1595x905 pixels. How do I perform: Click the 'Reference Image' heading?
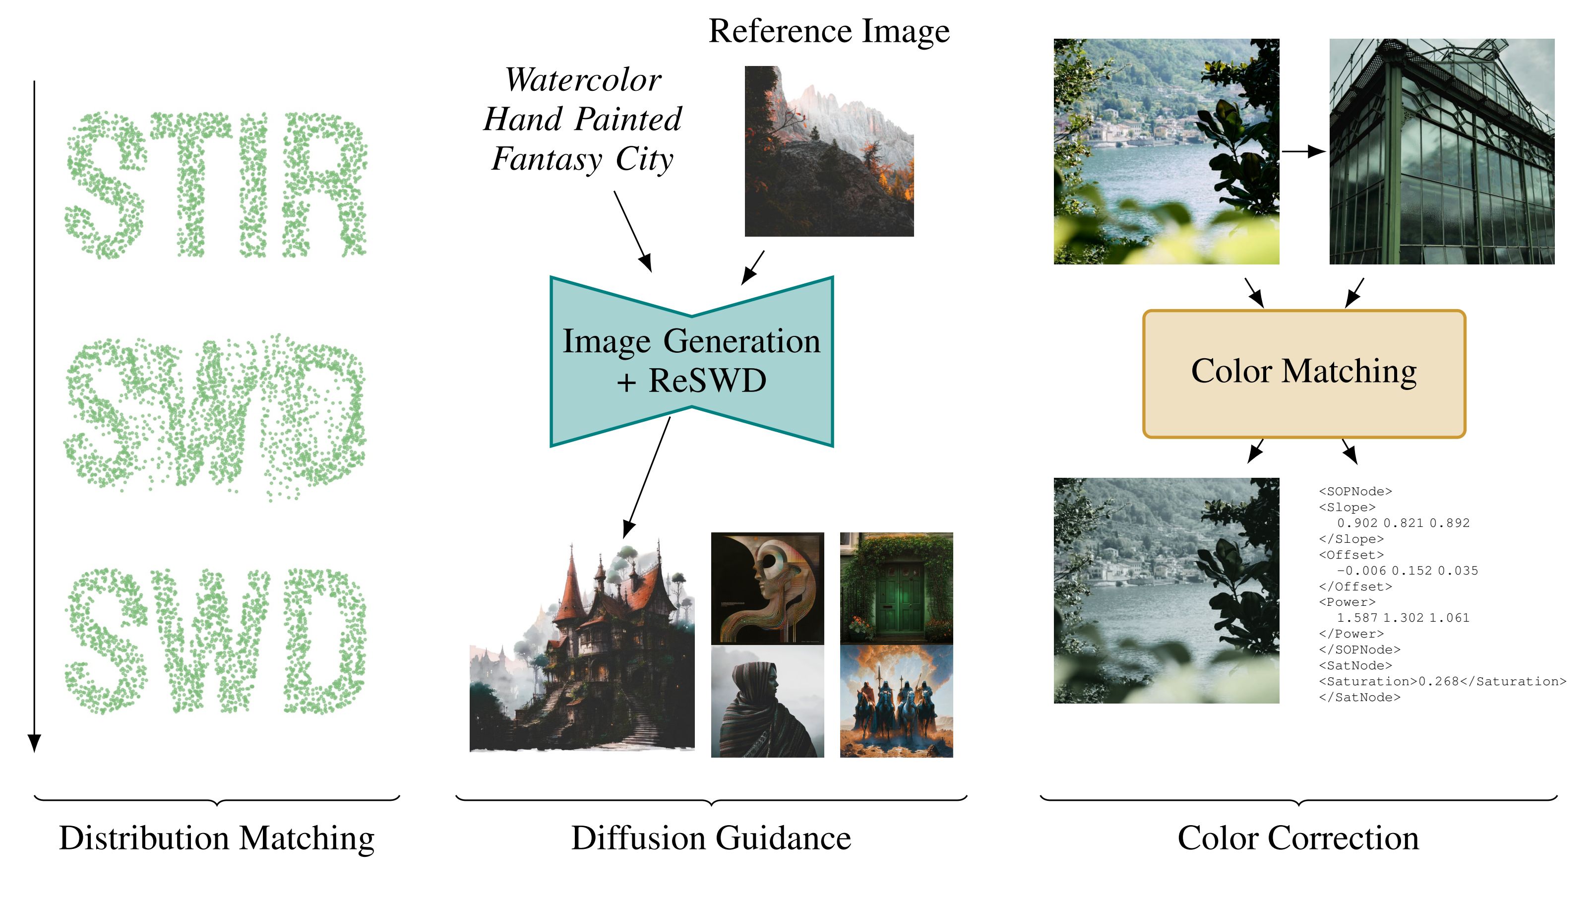click(829, 31)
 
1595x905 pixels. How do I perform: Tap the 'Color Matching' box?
click(1304, 374)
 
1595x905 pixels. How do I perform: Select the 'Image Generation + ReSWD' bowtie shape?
click(691, 361)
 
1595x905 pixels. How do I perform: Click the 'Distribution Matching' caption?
click(217, 838)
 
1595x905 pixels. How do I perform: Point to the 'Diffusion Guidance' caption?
click(711, 838)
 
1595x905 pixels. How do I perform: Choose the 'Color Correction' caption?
click(1298, 838)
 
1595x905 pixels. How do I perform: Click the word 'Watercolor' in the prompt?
click(583, 80)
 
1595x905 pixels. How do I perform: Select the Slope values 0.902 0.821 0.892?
click(1403, 523)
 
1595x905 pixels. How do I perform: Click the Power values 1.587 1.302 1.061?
click(1403, 618)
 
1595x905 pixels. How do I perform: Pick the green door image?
click(896, 587)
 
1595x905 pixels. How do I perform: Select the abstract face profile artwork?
click(767, 587)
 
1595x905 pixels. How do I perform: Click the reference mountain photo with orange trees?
click(829, 151)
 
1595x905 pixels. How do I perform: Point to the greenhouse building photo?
click(1442, 151)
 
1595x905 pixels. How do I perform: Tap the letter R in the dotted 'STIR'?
click(324, 185)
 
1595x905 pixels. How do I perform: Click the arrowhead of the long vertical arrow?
click(34, 743)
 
